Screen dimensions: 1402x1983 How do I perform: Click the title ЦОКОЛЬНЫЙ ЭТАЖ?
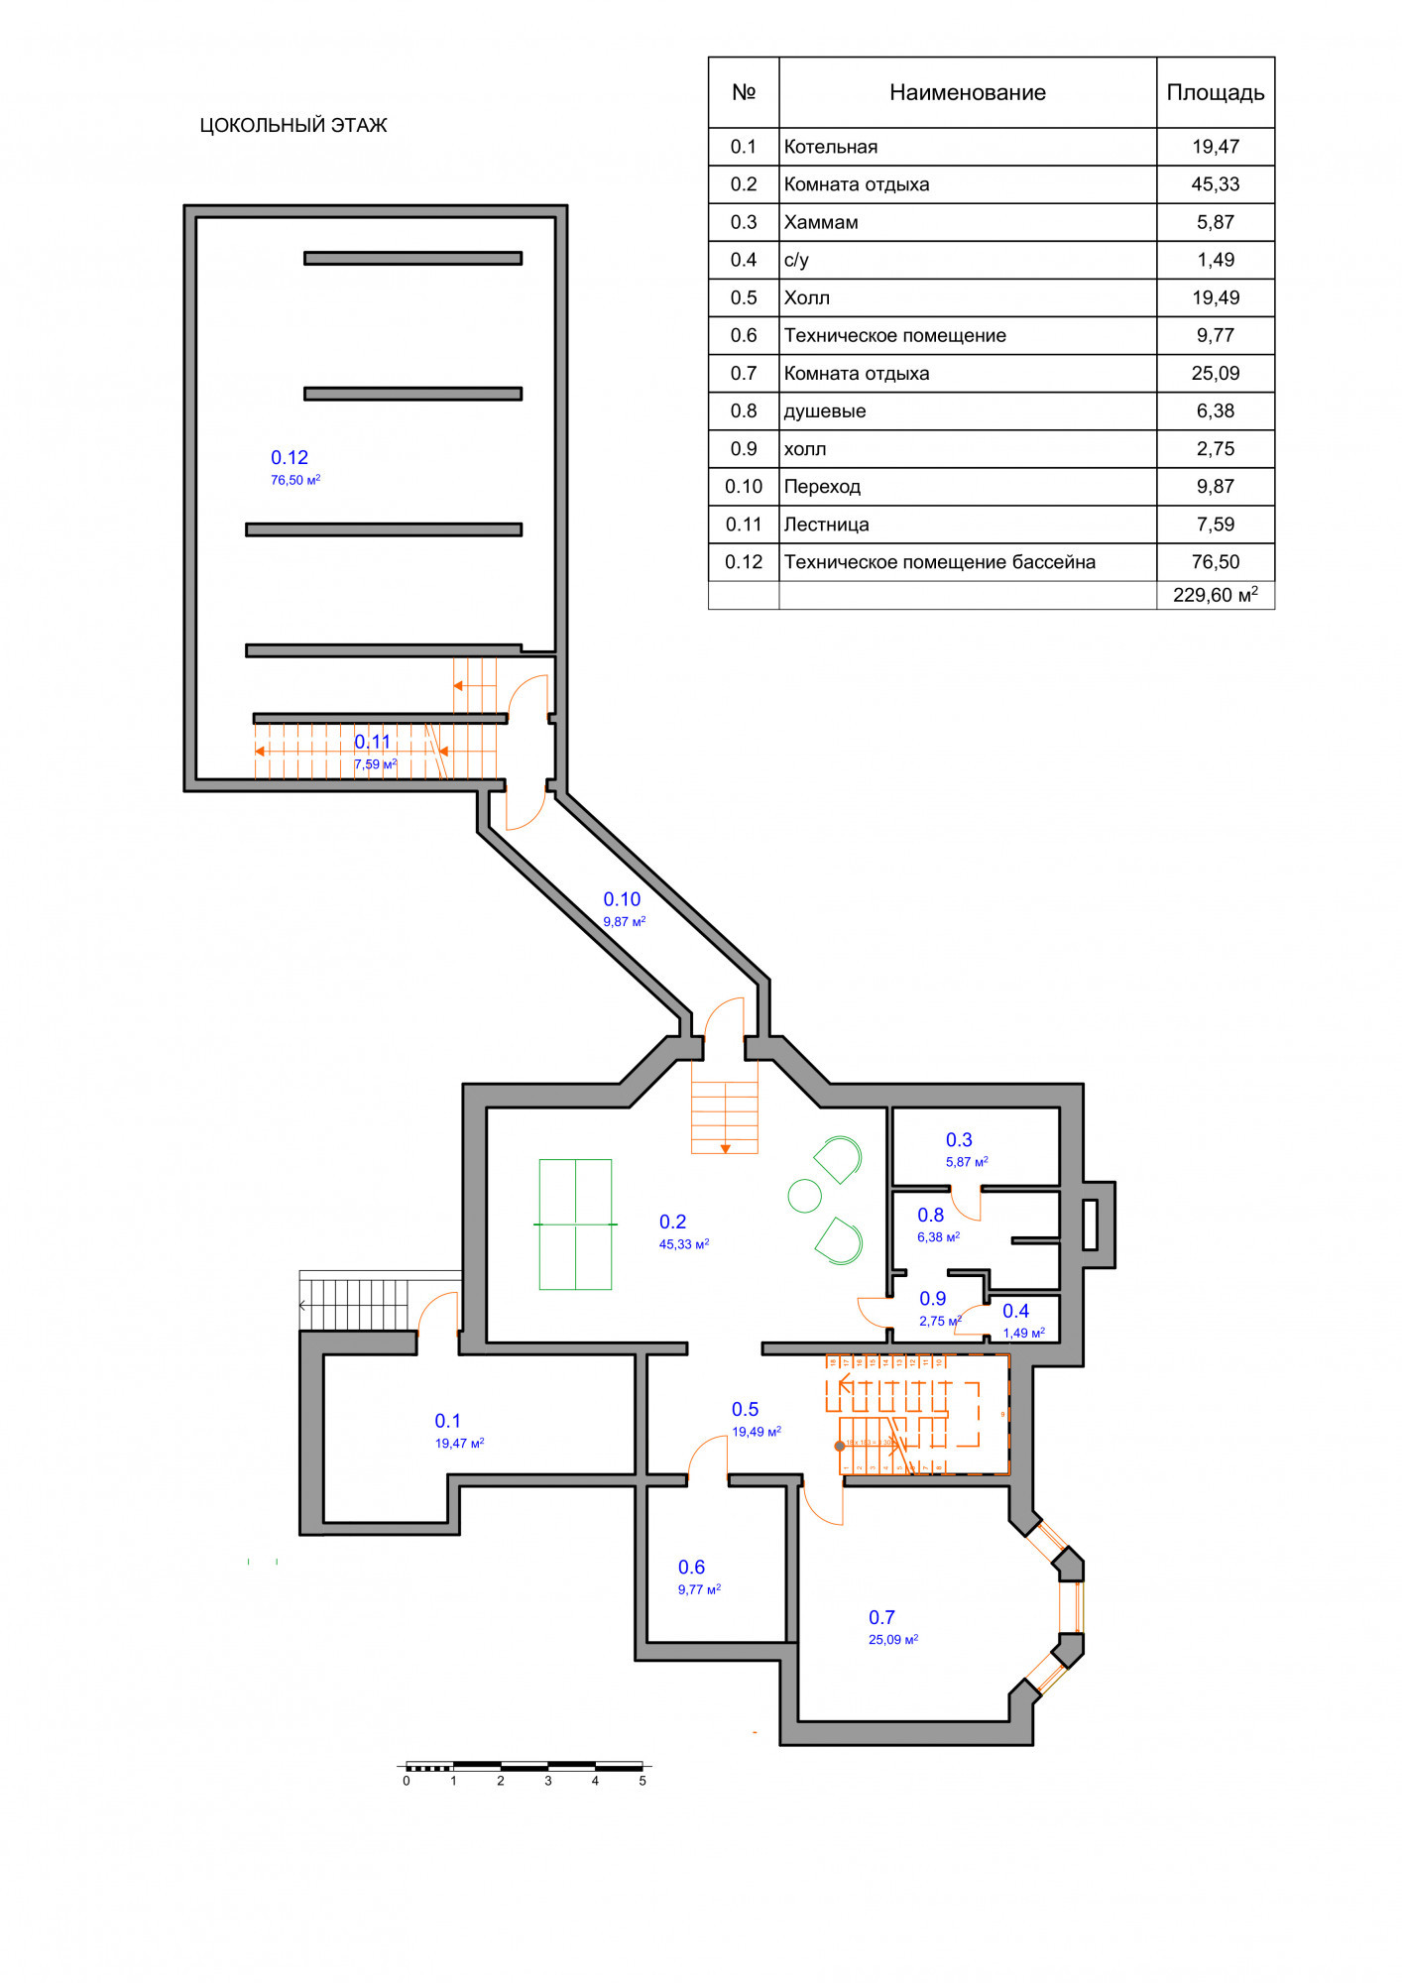click(293, 125)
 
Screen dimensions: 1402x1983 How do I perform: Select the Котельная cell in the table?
click(831, 147)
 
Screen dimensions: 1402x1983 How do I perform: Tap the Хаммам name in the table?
click(821, 222)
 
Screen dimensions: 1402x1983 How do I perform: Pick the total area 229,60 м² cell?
click(1215, 595)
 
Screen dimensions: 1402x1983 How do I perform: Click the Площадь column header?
click(1215, 92)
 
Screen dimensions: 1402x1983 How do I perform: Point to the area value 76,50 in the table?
click(1215, 562)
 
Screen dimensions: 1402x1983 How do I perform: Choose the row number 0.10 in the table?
click(744, 487)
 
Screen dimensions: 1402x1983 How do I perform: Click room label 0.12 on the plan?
click(290, 457)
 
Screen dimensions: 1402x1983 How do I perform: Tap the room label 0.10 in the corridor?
click(622, 899)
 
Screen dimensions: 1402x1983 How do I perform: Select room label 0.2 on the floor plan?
click(672, 1222)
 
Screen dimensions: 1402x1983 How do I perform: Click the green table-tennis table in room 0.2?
click(575, 1225)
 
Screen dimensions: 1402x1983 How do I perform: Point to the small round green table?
click(804, 1196)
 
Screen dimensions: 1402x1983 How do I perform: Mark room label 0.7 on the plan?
click(881, 1617)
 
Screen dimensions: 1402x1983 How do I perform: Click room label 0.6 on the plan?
click(691, 1567)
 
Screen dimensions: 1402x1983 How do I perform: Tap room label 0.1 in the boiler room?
click(447, 1421)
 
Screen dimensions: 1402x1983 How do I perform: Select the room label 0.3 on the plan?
click(959, 1139)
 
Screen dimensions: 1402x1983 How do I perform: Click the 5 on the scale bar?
click(643, 1781)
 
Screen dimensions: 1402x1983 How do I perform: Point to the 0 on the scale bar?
click(407, 1781)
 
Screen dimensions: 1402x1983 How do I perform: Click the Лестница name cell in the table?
click(826, 525)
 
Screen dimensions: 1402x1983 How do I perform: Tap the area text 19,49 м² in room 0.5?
click(757, 1432)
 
